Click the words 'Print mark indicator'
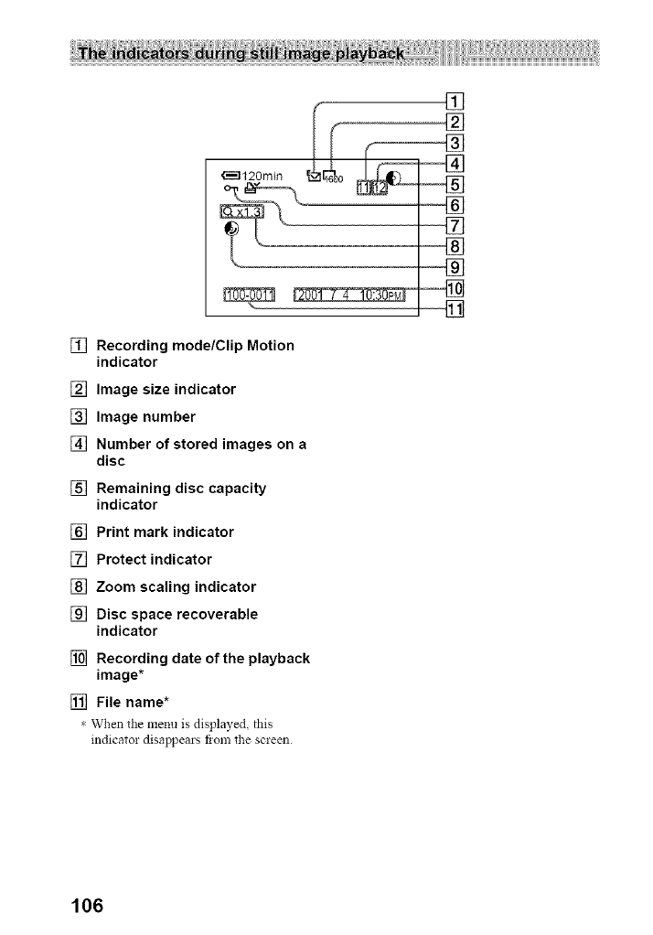point(165,532)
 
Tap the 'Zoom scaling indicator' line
point(176,586)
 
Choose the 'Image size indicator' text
point(166,390)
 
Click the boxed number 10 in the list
point(78,659)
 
